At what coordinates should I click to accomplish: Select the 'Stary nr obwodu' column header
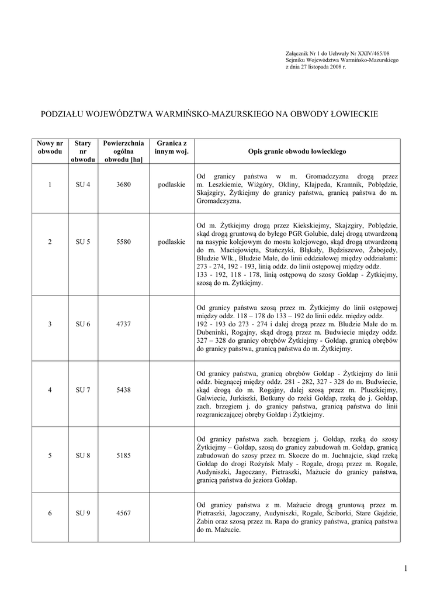click(82, 151)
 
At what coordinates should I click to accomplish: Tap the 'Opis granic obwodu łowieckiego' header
click(297, 151)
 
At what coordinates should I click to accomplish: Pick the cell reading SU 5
click(82, 242)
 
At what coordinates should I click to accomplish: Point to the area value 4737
click(123, 324)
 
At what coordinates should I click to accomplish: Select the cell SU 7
click(82, 390)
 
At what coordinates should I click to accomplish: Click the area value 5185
click(123, 455)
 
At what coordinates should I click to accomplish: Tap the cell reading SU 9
click(82, 513)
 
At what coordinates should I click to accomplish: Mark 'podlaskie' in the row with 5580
click(171, 242)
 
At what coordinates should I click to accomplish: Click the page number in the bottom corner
click(404, 568)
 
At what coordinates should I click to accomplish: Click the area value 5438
click(123, 390)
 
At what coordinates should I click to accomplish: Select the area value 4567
click(123, 513)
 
